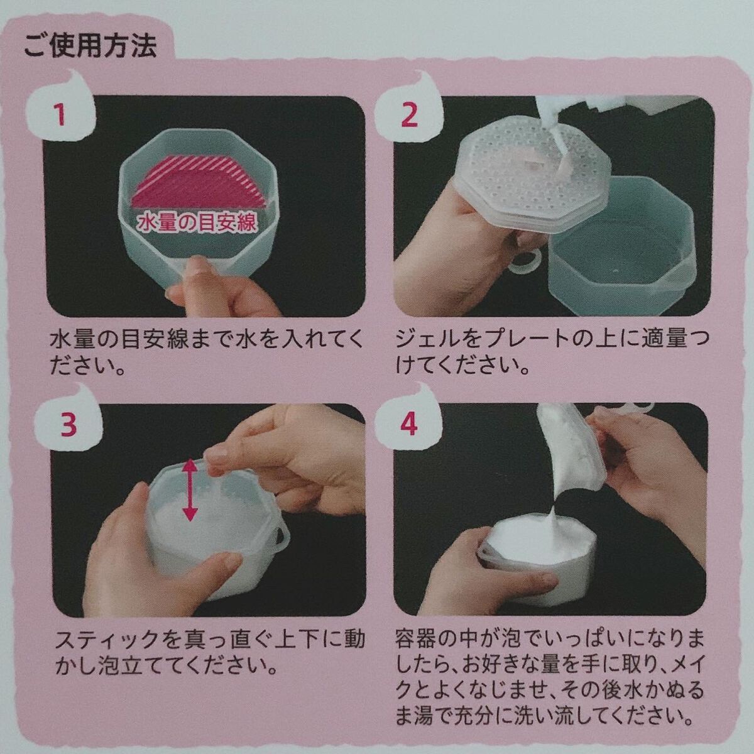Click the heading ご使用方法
click(90, 46)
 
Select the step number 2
click(409, 114)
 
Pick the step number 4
click(409, 425)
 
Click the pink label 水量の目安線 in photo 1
click(197, 223)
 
